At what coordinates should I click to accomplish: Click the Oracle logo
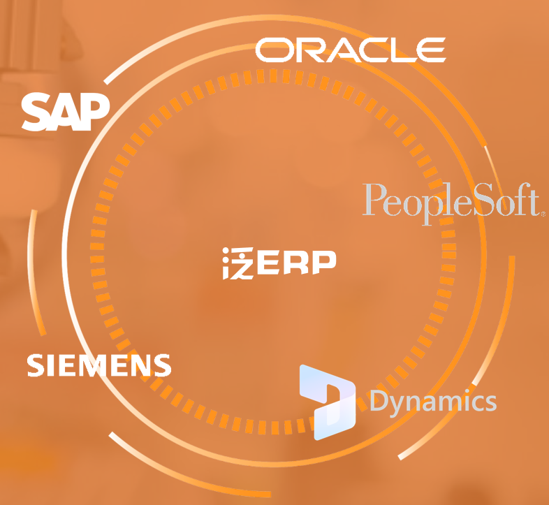[x=351, y=50]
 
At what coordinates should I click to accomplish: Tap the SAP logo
[x=66, y=112]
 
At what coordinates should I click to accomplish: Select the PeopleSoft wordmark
[x=454, y=203]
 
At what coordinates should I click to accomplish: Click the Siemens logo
[x=99, y=365]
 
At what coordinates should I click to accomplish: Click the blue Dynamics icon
[x=328, y=402]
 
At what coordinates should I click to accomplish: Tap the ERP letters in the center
[x=297, y=262]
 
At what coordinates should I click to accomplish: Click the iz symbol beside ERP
[x=238, y=263]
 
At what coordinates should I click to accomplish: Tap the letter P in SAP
[x=95, y=112]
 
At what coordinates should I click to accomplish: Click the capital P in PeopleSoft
[x=374, y=199]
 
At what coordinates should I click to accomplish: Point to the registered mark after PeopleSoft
[x=543, y=212]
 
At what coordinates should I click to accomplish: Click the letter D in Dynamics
[x=379, y=400]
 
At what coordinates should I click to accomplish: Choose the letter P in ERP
[x=324, y=262]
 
